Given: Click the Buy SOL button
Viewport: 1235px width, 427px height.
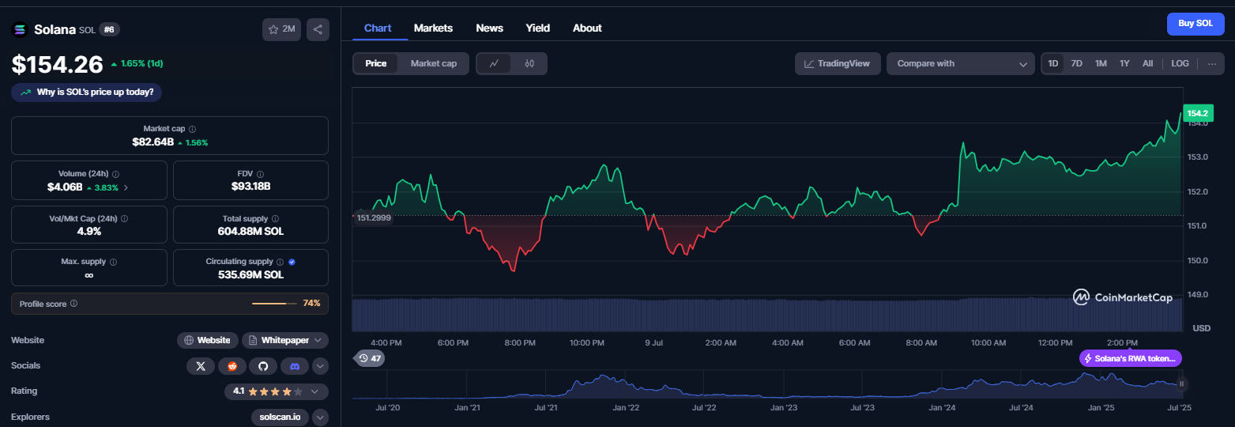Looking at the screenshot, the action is (x=1195, y=24).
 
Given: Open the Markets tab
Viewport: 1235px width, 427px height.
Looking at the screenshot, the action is (x=433, y=28).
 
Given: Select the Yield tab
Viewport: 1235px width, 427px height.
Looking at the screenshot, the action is (x=537, y=28).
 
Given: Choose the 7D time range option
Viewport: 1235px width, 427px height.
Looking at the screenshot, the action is (x=1076, y=63).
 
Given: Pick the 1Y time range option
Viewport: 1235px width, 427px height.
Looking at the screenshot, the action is (x=1124, y=63).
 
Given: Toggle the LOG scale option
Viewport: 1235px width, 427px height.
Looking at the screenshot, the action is (x=1180, y=63).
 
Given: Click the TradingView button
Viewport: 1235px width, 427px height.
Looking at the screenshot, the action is (x=838, y=63).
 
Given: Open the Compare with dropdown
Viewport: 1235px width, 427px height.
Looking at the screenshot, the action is (x=961, y=63).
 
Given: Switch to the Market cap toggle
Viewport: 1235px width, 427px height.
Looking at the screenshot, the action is (x=433, y=63).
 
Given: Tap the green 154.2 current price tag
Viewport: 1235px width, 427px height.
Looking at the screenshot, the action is (x=1198, y=113).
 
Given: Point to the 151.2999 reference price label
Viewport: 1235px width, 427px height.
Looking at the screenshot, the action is (x=374, y=218).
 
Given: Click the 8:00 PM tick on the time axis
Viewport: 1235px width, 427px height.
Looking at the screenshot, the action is (x=520, y=342).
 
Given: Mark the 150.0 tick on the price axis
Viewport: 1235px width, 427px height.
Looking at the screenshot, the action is (x=1198, y=260).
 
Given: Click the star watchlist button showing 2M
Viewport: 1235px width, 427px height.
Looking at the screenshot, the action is (x=282, y=29).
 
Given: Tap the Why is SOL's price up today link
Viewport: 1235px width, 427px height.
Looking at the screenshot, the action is (x=87, y=93).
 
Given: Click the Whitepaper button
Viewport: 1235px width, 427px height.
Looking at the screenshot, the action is (x=285, y=340).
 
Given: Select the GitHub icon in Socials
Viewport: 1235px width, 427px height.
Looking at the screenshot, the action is (x=263, y=366).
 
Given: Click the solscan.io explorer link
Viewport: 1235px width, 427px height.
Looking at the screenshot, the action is (x=280, y=417).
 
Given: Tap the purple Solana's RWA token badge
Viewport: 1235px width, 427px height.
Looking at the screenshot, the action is (x=1130, y=358).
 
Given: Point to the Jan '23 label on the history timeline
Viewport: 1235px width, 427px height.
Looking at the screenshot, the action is (x=784, y=408).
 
